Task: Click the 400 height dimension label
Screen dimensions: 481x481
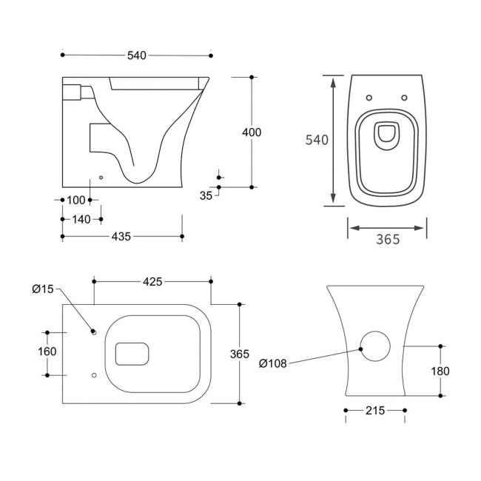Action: [252, 132]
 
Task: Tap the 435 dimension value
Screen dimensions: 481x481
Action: [121, 237]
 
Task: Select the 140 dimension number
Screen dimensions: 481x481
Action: [81, 219]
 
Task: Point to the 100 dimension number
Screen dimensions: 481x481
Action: [76, 200]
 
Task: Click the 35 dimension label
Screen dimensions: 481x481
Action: [206, 195]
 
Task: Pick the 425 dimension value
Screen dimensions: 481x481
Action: [152, 282]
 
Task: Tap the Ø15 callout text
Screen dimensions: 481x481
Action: [43, 289]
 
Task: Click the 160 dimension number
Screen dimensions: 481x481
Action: [47, 351]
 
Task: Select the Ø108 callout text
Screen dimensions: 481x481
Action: [273, 363]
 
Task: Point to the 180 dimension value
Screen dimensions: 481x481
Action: [440, 371]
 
